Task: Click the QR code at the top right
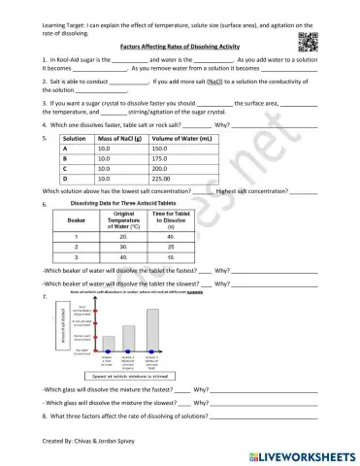click(329, 38)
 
